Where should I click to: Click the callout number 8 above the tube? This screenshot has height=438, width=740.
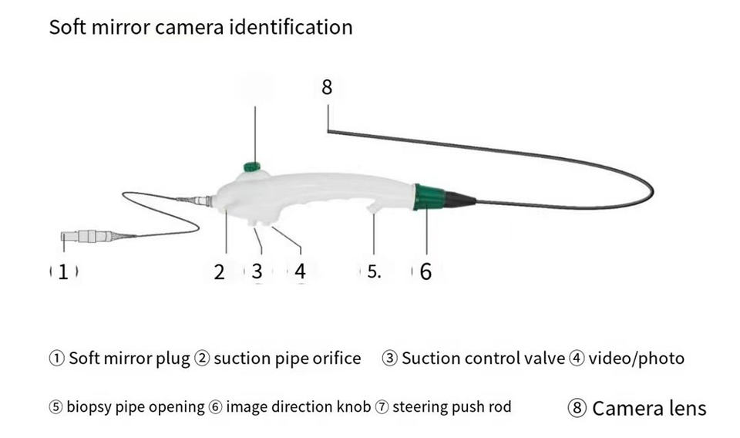tap(327, 87)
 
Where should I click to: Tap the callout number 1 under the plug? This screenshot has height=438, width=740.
tap(64, 271)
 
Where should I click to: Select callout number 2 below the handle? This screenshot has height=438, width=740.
tap(220, 271)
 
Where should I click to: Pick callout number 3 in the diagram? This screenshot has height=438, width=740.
tap(257, 271)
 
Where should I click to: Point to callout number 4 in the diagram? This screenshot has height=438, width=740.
tap(300, 271)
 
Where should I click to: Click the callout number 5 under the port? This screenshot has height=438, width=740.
tap(373, 271)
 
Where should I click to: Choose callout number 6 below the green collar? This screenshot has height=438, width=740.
tap(425, 271)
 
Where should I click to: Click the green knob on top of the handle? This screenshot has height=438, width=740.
tap(252, 167)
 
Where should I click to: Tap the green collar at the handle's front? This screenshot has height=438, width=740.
tap(429, 197)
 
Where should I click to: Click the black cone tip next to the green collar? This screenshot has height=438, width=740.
tap(459, 200)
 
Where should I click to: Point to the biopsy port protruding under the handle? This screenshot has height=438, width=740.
tap(375, 208)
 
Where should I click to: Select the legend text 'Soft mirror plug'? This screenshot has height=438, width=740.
tap(129, 359)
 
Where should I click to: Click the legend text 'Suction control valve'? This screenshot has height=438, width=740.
tap(483, 359)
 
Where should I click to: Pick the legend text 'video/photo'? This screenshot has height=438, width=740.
tap(636, 359)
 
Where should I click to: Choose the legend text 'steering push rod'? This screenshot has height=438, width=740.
tap(452, 406)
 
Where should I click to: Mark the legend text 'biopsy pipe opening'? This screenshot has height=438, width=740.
tap(136, 406)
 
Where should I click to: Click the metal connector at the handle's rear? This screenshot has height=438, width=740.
tap(203, 201)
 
